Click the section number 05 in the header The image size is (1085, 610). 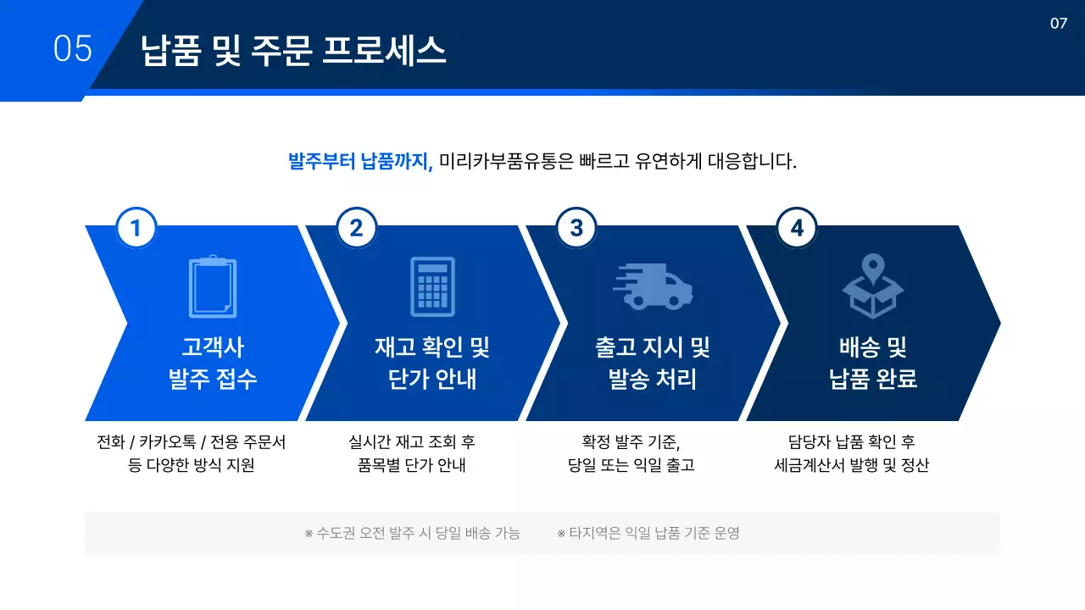72,49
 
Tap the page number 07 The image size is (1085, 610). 1058,24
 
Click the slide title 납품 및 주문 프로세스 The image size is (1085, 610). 293,51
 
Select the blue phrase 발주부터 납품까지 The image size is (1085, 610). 360,161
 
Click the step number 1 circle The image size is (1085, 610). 136,228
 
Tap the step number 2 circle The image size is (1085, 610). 356,228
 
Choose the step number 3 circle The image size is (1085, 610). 576,228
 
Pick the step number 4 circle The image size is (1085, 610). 797,228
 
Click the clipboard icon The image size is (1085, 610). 212,286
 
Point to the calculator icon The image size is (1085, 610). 432,286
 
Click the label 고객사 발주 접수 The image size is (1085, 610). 213,363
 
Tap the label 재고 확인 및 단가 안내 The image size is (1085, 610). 432,363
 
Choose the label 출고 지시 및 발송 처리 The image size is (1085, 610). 653,363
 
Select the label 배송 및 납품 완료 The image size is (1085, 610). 873,363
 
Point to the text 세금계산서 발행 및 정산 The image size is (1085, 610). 852,465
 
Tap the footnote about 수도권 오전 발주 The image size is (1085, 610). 412,533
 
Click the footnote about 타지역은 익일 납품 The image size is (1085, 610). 648,533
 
